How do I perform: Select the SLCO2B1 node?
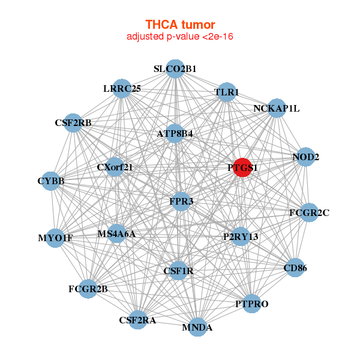coord(175,68)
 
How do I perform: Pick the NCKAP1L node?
coord(276,109)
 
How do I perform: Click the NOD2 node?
coord(306,157)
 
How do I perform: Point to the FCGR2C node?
coord(309,212)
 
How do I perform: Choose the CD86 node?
coord(295,268)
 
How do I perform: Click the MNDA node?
coord(197,327)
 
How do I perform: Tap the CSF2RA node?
coord(137,320)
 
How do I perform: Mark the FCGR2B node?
coord(88,289)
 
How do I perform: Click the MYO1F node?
coord(55,238)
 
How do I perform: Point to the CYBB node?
coord(51,181)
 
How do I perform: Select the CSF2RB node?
coord(73,123)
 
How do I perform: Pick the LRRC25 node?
coord(122,89)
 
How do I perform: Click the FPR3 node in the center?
coord(181,201)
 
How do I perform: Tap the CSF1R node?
coord(178,271)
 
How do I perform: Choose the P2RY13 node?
coord(241,236)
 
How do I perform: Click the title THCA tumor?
coord(180,25)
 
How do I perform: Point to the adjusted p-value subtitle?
coord(180,37)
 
